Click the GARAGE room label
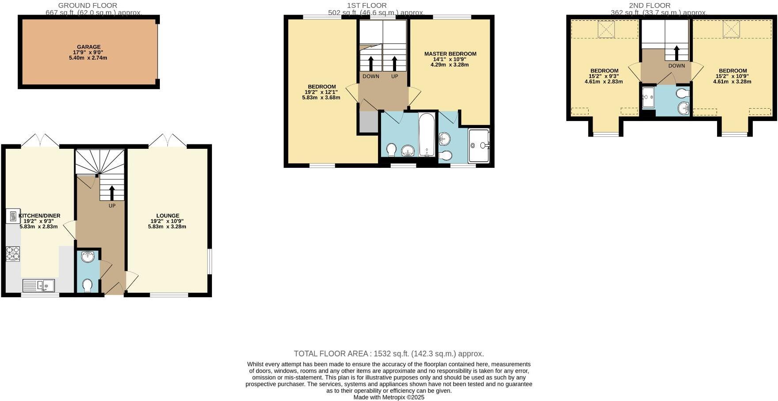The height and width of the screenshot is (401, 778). click(89, 47)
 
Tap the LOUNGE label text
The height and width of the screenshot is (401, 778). click(167, 216)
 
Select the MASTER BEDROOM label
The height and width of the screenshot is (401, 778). click(450, 54)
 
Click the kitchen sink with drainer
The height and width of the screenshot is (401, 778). click(38, 286)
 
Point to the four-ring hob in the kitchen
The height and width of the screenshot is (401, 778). click(12, 254)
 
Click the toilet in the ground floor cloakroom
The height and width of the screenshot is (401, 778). click(87, 285)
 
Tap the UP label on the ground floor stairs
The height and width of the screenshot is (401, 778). click(112, 206)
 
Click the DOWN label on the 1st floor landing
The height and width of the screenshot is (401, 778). click(370, 76)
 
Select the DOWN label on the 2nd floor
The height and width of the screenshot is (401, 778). click(676, 66)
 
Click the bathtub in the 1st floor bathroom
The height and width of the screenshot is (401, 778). click(427, 135)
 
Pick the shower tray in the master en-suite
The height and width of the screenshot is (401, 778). click(479, 145)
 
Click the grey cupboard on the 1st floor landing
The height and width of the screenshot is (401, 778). click(368, 122)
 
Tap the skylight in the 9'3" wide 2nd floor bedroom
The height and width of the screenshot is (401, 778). click(606, 30)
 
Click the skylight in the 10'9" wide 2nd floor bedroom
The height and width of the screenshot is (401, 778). click(731, 29)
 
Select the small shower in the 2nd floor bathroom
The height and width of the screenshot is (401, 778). click(648, 97)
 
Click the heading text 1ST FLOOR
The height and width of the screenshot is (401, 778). click(366, 5)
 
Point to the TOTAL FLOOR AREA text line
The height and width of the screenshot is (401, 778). click(389, 354)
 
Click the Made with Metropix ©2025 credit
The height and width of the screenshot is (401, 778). click(389, 397)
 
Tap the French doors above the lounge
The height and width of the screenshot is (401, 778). click(167, 141)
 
